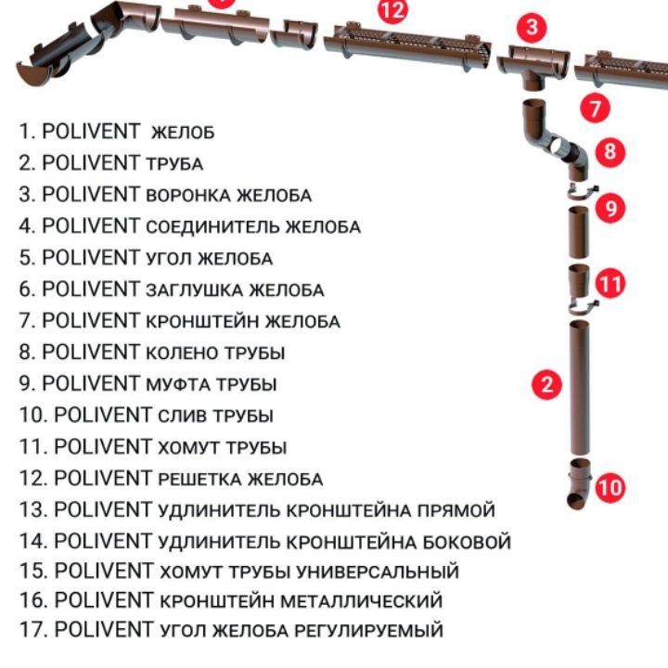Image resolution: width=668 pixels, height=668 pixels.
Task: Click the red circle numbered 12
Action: click(392, 10)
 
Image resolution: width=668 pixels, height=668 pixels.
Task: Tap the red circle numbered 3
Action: click(532, 27)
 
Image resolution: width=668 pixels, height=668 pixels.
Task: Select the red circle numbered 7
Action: click(595, 108)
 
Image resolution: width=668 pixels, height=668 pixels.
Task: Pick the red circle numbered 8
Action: click(610, 151)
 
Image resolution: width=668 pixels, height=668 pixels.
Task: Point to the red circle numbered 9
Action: click(610, 209)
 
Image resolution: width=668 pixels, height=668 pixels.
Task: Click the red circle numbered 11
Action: click(610, 283)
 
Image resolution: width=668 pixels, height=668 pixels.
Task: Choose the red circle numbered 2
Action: click(547, 384)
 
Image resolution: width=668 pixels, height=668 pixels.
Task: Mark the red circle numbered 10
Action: click(610, 487)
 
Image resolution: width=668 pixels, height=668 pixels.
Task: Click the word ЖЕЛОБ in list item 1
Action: click(183, 133)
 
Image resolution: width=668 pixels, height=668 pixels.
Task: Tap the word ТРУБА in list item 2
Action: click(174, 164)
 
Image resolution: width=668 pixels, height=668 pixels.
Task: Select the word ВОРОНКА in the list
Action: click(188, 196)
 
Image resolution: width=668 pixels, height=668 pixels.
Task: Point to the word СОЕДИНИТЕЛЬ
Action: click(212, 227)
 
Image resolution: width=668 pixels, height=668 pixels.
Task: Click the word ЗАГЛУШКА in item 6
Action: click(195, 290)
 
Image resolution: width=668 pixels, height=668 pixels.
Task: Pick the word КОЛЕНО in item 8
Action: click(183, 353)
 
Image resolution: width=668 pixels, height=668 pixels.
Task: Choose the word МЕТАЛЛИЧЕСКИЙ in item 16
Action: click(361, 601)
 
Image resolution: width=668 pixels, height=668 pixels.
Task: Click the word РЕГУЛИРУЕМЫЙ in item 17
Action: click(369, 631)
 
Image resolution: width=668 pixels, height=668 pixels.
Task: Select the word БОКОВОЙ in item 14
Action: click(467, 542)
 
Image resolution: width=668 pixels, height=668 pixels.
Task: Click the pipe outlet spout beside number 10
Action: click(580, 483)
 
